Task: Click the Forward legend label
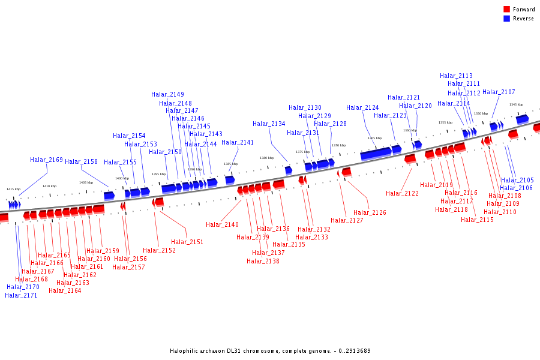point(524,10)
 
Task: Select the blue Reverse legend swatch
point(507,19)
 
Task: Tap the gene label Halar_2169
point(46,160)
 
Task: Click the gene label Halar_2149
point(167,95)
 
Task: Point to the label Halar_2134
point(269,124)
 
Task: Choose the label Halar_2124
point(362,108)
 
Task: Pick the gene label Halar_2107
point(499,92)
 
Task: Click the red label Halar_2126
point(370,213)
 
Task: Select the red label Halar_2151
point(187,242)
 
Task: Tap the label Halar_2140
point(222,225)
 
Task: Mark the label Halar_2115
point(477,220)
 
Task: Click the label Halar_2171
point(21,295)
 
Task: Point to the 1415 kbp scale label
point(13,189)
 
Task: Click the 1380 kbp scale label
point(266,158)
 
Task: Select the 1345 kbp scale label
point(516,104)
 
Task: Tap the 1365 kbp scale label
point(374,138)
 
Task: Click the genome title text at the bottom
point(270,351)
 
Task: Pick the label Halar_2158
point(81,162)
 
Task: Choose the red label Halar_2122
point(402,194)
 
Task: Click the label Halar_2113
point(456,76)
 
